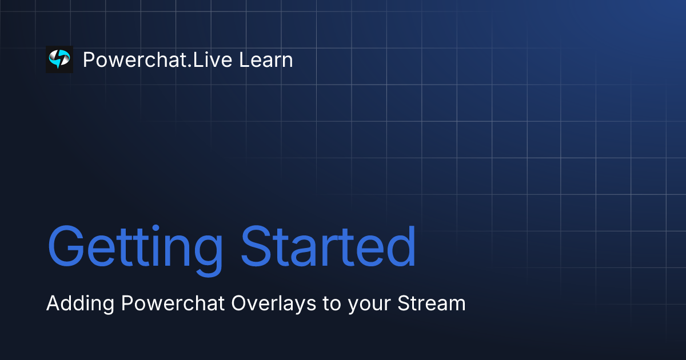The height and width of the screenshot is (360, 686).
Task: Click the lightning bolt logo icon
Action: (x=59, y=59)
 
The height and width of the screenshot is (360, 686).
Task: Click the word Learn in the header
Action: (x=266, y=60)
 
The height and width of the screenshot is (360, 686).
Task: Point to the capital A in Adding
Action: (x=53, y=303)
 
